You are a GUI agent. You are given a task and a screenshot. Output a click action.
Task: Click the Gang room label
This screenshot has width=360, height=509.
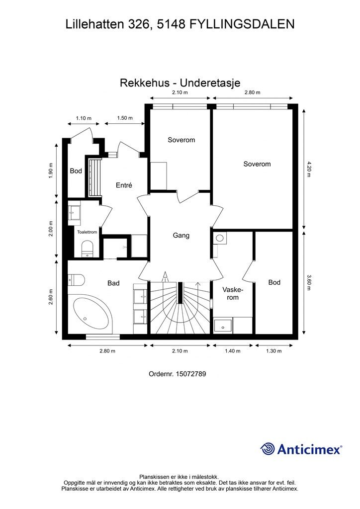click(181, 235)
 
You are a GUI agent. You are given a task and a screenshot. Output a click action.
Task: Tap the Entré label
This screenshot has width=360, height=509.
click(124, 185)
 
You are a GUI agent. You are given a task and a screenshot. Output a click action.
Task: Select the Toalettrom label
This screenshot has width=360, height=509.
click(87, 232)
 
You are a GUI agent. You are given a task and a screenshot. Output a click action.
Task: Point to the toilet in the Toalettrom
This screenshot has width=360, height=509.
click(87, 249)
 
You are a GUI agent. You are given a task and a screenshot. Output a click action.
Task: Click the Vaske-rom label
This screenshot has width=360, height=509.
click(233, 293)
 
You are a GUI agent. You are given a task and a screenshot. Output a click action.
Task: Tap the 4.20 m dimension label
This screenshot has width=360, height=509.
click(308, 169)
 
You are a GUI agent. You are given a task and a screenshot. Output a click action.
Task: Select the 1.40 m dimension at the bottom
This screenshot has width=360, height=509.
click(232, 351)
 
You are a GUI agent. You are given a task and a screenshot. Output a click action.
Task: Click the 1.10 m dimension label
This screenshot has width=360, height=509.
click(84, 118)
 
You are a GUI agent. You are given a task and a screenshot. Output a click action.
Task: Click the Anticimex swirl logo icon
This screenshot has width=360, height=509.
click(268, 449)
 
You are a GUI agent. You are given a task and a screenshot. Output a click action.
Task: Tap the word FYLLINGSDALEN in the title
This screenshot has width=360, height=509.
click(242, 24)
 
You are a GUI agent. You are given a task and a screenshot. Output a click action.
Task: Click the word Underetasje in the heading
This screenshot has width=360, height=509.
click(210, 83)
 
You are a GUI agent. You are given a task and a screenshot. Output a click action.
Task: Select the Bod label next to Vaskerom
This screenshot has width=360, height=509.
click(274, 282)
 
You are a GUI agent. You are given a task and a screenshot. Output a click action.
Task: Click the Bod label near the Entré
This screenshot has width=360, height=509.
click(76, 171)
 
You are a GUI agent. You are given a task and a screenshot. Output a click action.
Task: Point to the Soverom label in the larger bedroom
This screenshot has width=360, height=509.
click(257, 164)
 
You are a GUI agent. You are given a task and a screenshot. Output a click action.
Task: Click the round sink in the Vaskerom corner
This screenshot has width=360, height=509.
click(220, 238)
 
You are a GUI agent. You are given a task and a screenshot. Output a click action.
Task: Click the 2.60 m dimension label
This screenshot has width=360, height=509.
click(51, 297)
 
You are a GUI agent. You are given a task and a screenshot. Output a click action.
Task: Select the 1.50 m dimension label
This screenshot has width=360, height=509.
click(125, 118)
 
